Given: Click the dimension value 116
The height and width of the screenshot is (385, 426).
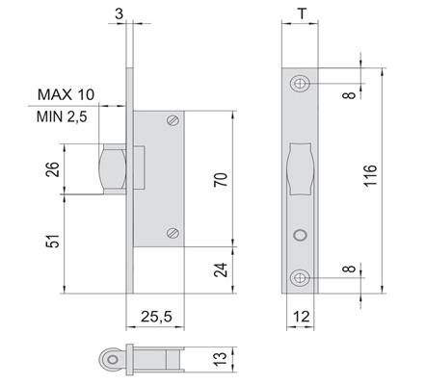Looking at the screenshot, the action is pyautogui.click(x=370, y=175).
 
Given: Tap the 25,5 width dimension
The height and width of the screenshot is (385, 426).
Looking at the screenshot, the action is pyautogui.click(x=156, y=317).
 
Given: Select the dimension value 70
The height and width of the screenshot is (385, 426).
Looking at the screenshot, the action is pyautogui.click(x=221, y=180).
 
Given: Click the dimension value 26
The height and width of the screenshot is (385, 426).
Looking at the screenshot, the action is pyautogui.click(x=53, y=169).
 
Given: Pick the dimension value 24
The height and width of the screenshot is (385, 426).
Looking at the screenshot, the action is pyautogui.click(x=221, y=269).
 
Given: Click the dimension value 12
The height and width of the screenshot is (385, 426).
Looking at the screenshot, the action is pyautogui.click(x=302, y=317).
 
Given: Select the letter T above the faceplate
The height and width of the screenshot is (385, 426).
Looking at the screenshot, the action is pyautogui.click(x=303, y=13).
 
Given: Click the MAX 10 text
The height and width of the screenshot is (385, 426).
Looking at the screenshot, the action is pyautogui.click(x=67, y=94).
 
